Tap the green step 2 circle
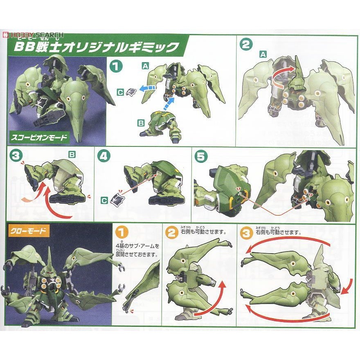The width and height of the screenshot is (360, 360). point(246,44)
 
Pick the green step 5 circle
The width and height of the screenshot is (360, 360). point(202,156)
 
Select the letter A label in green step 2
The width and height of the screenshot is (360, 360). point(262,54)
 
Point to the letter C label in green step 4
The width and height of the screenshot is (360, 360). point(105,200)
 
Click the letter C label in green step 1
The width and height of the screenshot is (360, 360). point(120,93)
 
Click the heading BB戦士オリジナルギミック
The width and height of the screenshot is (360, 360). point(98,46)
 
